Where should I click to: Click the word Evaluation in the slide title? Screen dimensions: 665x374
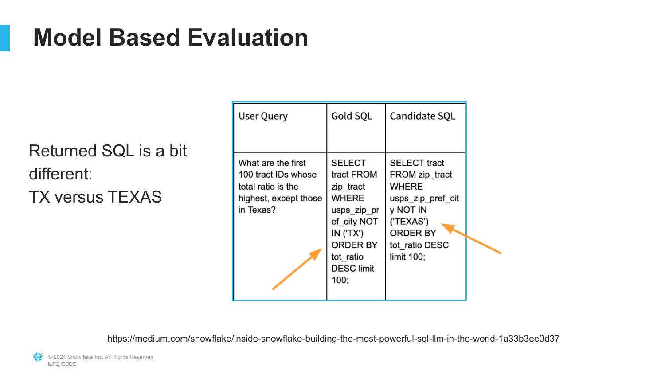pos(247,37)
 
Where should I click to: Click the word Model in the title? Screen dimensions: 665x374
pos(67,37)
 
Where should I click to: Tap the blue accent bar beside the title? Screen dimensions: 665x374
pos(5,38)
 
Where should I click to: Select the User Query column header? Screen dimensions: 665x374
pos(263,116)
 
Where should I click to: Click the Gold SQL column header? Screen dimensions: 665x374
pos(352,116)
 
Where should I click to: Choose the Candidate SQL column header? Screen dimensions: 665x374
pos(422,116)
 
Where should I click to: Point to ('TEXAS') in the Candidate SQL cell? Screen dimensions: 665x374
pos(409,222)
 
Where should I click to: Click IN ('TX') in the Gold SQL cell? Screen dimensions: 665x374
pos(347,233)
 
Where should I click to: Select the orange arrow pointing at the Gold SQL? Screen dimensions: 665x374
pos(297,269)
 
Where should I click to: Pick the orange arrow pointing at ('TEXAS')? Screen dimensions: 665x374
pos(471,239)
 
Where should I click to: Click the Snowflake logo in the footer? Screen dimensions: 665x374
pos(38,357)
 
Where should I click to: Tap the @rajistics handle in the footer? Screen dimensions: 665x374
pos(62,364)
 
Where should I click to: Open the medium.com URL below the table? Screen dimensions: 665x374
pos(333,339)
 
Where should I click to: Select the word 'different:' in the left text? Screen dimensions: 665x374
pos(61,174)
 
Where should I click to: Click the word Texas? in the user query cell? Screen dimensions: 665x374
pos(262,210)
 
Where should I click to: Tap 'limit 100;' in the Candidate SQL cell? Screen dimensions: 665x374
pos(407,257)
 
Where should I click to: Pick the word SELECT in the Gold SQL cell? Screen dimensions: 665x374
pos(348,163)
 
